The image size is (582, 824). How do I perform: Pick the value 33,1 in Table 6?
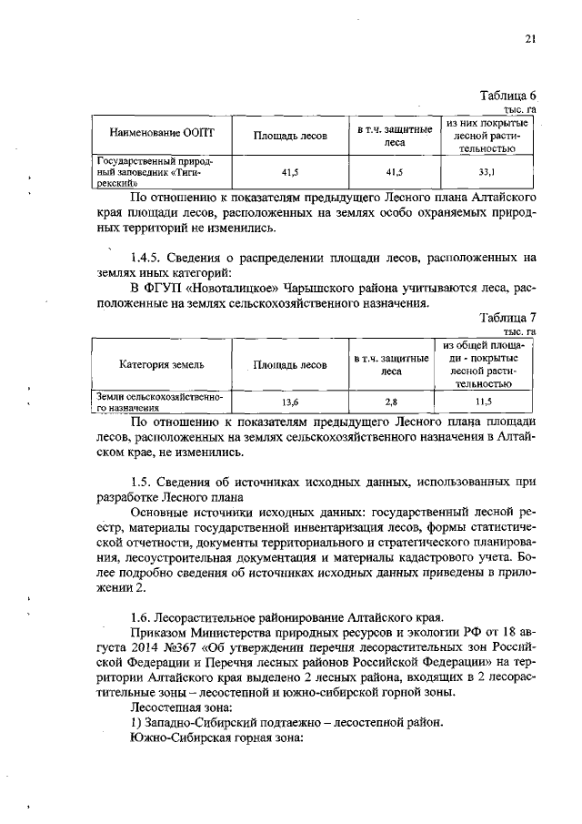pyautogui.click(x=487, y=170)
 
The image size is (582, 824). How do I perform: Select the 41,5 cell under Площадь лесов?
pyautogui.click(x=290, y=170)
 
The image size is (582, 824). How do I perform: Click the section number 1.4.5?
pyautogui.click(x=150, y=257)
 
